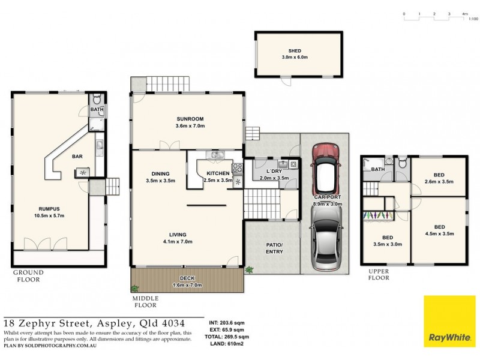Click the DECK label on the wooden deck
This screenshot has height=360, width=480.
186,278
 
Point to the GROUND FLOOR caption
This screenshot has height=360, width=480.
28,276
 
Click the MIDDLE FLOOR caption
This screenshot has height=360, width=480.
146,301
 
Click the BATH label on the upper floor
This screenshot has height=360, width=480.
378,169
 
